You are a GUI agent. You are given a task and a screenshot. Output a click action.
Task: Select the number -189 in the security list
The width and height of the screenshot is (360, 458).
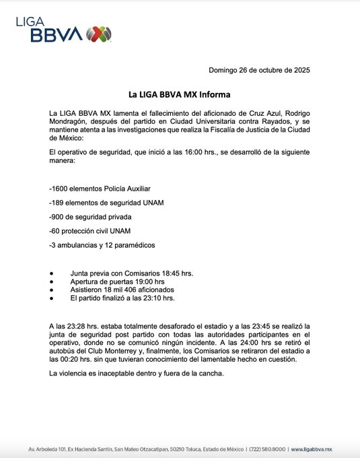point(59,202)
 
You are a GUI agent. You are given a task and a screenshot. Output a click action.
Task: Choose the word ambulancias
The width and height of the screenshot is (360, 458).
point(84,245)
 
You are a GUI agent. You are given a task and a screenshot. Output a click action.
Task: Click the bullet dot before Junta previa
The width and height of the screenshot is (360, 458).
point(52,273)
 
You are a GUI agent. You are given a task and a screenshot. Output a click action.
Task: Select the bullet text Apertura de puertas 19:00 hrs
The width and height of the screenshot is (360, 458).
point(117,281)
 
